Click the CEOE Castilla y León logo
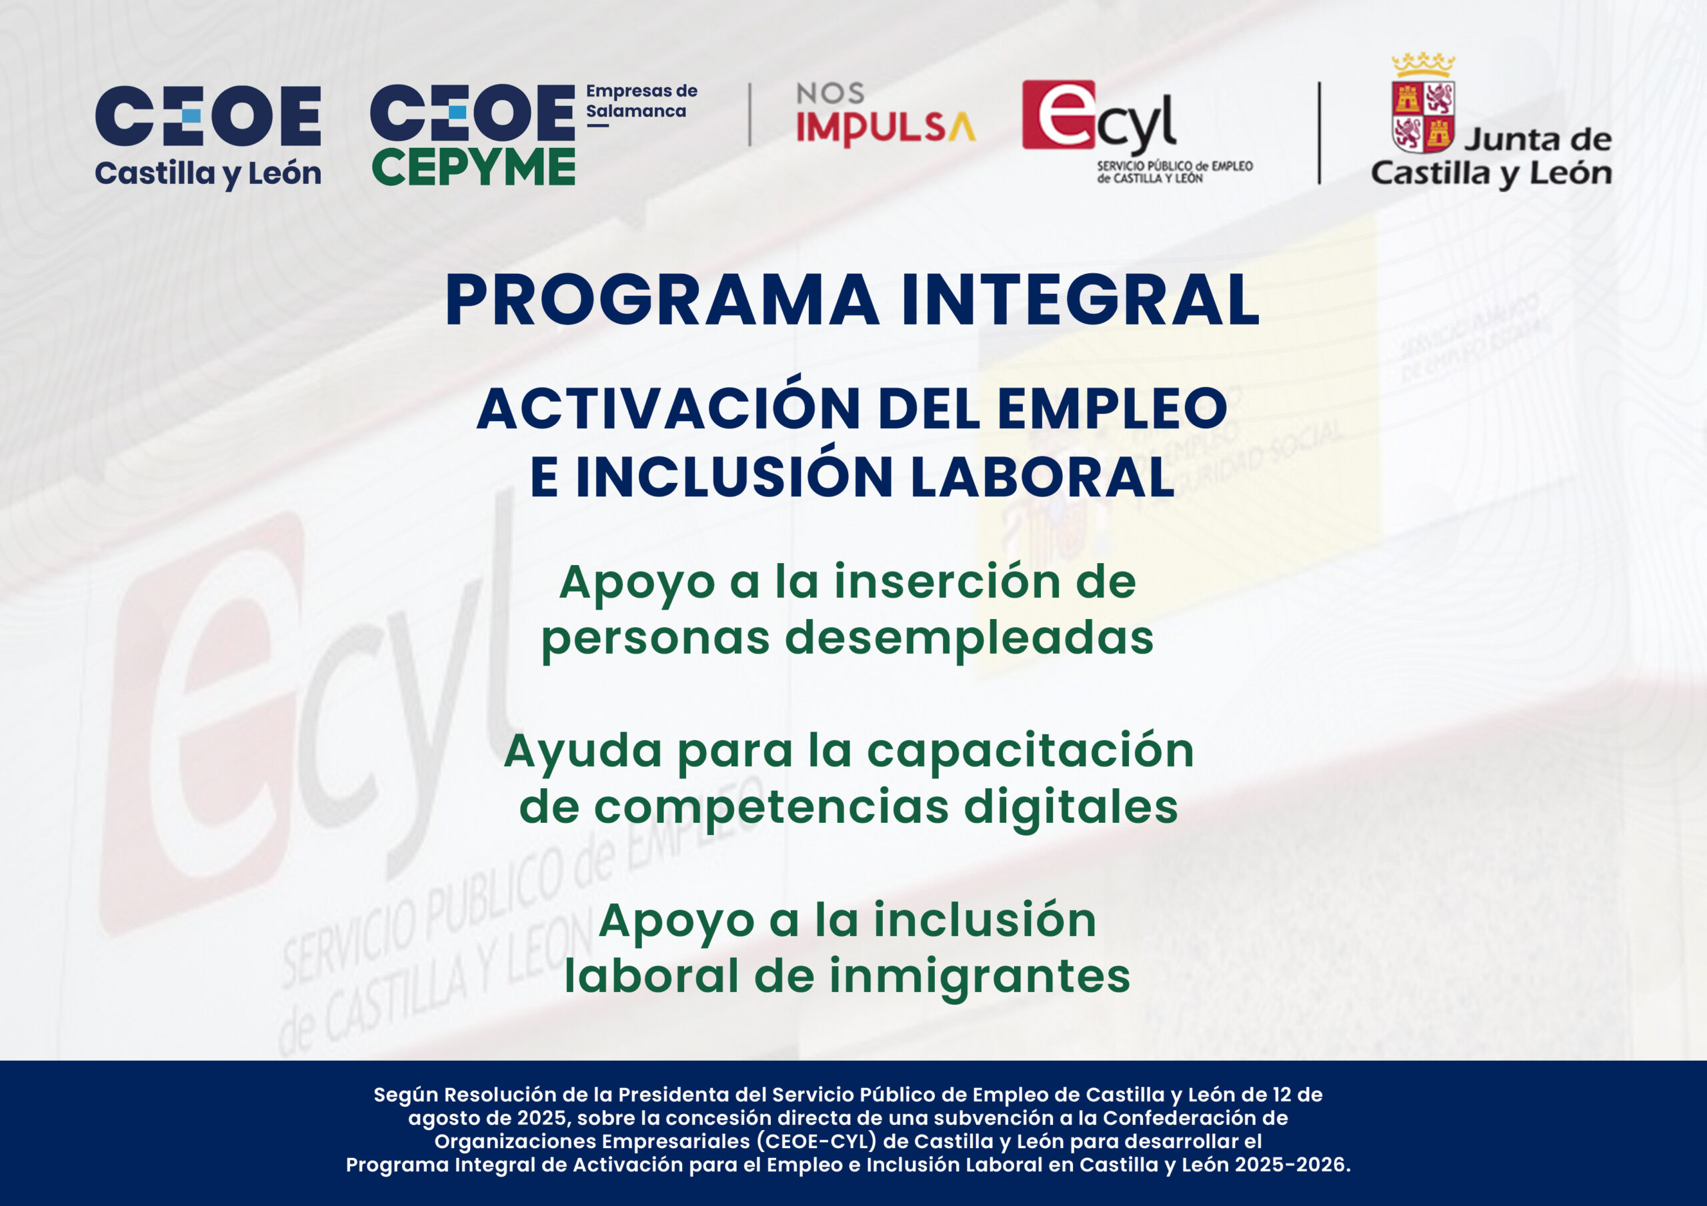(208, 137)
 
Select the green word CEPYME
(473, 167)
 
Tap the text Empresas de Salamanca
(641, 102)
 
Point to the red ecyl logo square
(1059, 115)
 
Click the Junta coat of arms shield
(1423, 117)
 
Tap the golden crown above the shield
(1423, 65)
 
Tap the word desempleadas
(970, 638)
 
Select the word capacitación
(1030, 751)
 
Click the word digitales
(1071, 808)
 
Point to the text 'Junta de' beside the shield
(1538, 140)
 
